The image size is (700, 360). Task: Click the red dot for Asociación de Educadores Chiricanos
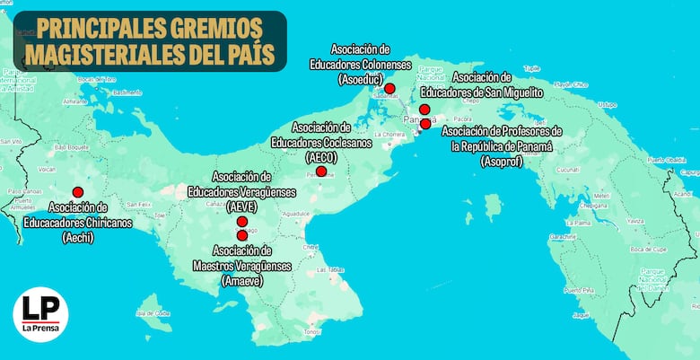[78, 191]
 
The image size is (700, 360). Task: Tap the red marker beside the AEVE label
[241, 221]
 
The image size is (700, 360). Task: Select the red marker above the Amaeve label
[242, 235]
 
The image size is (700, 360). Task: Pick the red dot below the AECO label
[321, 171]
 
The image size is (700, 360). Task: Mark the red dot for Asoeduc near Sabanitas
[389, 88]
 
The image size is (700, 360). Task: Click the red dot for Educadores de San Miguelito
[424, 109]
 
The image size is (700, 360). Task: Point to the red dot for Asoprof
[425, 124]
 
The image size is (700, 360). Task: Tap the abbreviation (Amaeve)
[242, 280]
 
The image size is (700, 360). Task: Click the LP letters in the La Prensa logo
[40, 307]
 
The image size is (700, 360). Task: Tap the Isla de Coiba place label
[154, 313]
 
